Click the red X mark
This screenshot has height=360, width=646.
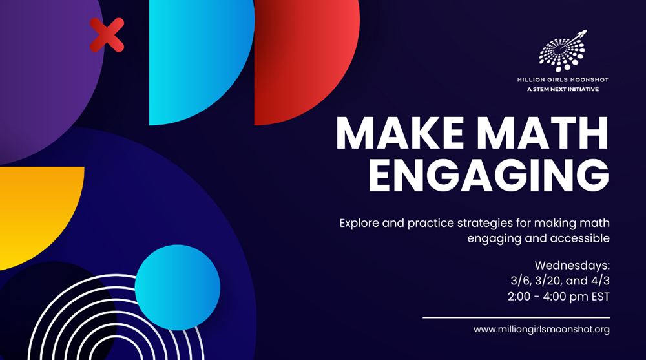coord(107,35)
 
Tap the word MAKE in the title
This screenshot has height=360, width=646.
coord(400,134)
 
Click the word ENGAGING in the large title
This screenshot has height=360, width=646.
coord(489,175)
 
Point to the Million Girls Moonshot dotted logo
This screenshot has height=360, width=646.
coord(563,51)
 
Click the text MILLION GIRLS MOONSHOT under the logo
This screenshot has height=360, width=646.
coord(563,79)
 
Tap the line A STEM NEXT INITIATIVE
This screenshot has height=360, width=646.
coord(563,89)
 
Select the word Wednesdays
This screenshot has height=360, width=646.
coord(572,265)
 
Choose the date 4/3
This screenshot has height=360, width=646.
coord(600,281)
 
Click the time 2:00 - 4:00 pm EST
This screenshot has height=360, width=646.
coord(559,297)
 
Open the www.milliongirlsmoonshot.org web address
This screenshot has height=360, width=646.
coord(541,330)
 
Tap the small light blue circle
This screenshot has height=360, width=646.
coord(178,288)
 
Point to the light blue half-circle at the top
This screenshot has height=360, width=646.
coord(198,58)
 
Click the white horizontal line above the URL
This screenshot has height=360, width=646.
coord(516,317)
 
